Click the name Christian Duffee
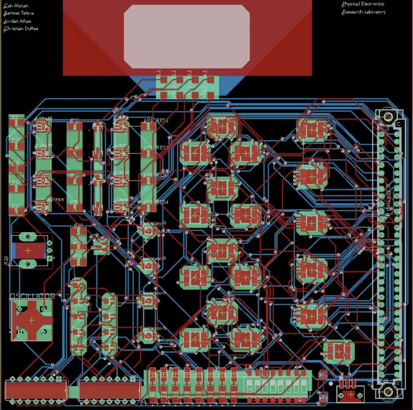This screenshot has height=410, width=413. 21,29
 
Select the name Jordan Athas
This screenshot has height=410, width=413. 18,21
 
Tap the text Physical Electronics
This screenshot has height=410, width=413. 363,4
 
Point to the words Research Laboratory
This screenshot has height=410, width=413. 364,12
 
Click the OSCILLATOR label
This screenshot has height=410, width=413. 32,296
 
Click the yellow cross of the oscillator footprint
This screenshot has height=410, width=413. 32,320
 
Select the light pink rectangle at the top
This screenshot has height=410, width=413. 186,36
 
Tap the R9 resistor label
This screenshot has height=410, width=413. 15,117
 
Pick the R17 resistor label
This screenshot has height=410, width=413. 16,205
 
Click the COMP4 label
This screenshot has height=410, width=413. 121,200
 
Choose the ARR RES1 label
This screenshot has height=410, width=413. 156,121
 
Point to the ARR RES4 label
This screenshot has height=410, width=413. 156,202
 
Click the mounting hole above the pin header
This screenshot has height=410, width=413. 388,117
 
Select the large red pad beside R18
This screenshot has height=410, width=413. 28,250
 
